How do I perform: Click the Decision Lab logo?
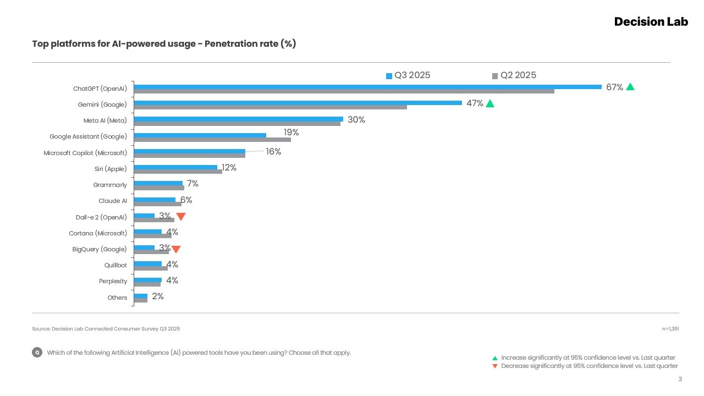click(x=651, y=21)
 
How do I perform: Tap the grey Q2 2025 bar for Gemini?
click(x=270, y=107)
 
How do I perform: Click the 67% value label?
click(x=614, y=87)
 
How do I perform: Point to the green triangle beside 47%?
click(x=490, y=103)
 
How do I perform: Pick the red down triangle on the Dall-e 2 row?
click(x=181, y=217)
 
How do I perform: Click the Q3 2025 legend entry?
click(x=408, y=75)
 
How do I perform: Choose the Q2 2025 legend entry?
click(x=514, y=75)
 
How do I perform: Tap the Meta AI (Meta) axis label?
click(x=101, y=120)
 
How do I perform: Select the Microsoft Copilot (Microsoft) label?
click(x=85, y=153)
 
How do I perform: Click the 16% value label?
click(x=273, y=152)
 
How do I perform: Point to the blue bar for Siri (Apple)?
click(x=175, y=167)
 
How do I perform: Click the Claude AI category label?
click(x=113, y=201)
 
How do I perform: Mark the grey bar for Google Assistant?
click(x=212, y=140)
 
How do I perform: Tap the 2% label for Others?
click(x=158, y=296)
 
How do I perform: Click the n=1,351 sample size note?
click(x=670, y=329)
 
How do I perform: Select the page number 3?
click(x=680, y=379)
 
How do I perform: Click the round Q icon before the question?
click(x=37, y=353)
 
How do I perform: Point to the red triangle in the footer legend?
click(x=495, y=366)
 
